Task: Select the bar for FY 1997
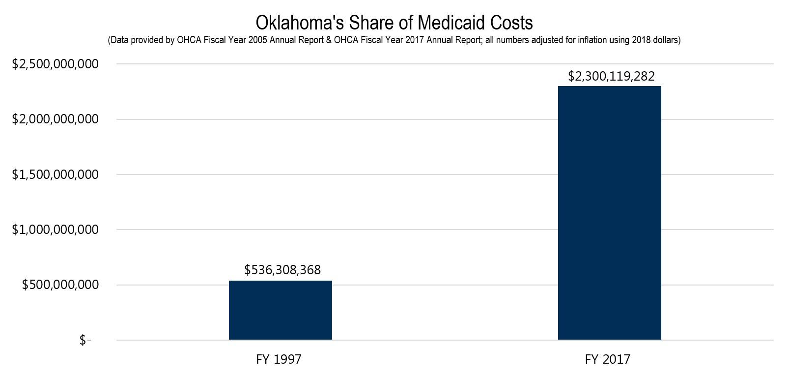click(280, 310)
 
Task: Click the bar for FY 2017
click(609, 213)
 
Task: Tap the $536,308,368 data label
click(282, 270)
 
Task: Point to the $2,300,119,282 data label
click(611, 76)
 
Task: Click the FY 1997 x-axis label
click(279, 359)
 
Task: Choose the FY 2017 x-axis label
click(607, 359)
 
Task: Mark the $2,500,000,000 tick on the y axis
click(55, 64)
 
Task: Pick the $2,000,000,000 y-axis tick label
click(55, 119)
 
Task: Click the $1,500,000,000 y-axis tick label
click(55, 174)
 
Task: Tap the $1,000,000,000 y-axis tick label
click(55, 230)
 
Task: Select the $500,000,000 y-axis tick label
click(60, 285)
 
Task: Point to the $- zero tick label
click(85, 340)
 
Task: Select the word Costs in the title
click(511, 23)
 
